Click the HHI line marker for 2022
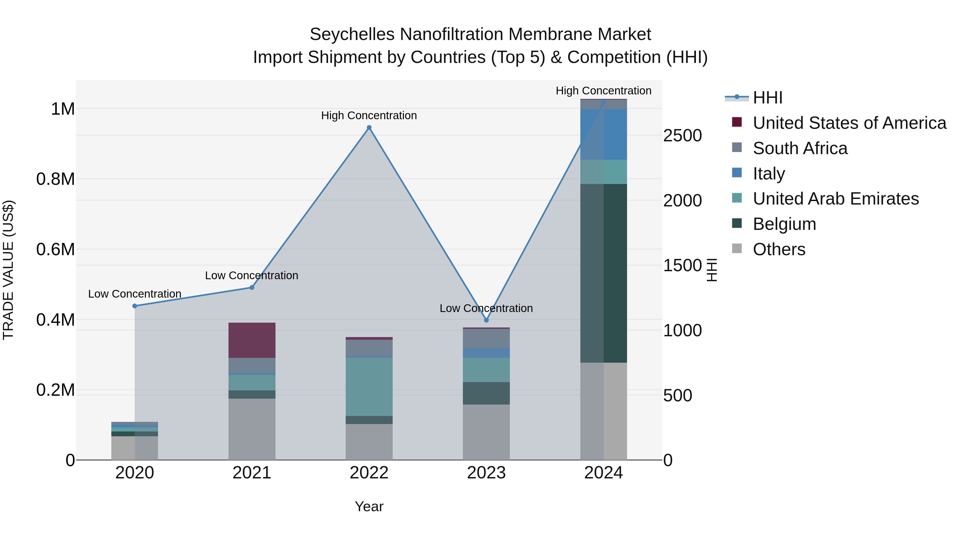[369, 127]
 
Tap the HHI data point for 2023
[486, 320]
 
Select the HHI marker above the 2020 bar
[135, 306]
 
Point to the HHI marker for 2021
[252, 287]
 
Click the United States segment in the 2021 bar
[252, 340]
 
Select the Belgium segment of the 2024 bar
[604, 273]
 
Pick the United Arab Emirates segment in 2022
[369, 386]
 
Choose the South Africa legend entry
[800, 148]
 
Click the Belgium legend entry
[784, 224]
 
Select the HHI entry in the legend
[767, 98]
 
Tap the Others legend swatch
[737, 249]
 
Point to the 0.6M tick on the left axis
[56, 249]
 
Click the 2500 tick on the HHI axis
[682, 136]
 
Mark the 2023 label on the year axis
[486, 473]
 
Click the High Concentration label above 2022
[369, 115]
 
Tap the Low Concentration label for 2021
[252, 275]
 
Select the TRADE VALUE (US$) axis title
[8, 270]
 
